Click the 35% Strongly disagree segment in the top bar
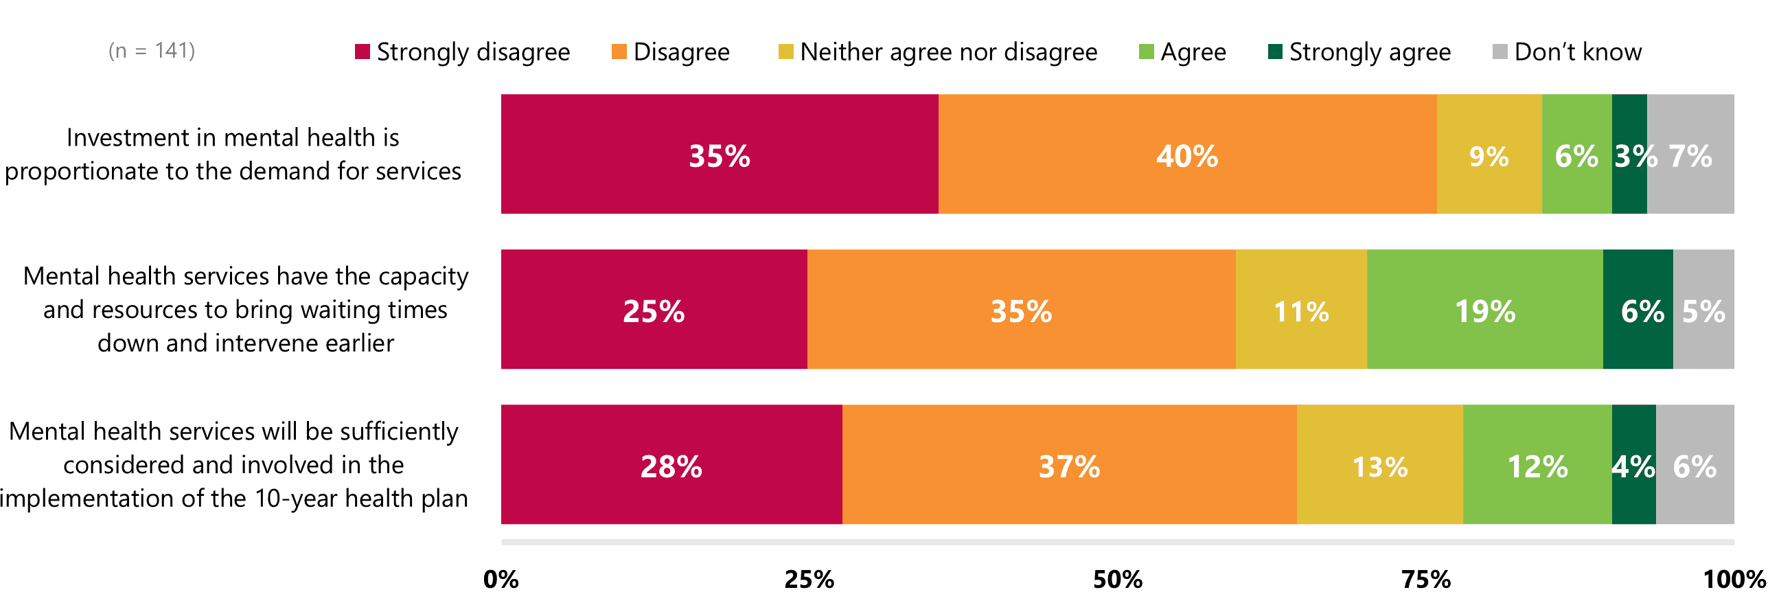coord(720,154)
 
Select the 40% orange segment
coord(1187,154)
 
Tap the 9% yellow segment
coord(1489,154)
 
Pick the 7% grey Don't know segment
coord(1690,154)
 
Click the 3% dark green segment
coord(1629,154)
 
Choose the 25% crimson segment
coord(654,309)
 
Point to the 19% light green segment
coord(1484,309)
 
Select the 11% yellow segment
coord(1301,309)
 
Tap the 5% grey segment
coord(1703,309)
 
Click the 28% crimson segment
coord(671,464)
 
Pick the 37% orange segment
coord(1069,464)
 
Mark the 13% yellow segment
coord(1379,464)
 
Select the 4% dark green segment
coord(1633,464)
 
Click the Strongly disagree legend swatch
coord(362,52)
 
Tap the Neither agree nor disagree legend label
coord(948,52)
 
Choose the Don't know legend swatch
coord(1500,52)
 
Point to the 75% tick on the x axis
coord(1426,579)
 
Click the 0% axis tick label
coord(501,579)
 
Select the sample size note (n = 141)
coord(152,51)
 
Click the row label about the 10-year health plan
coord(233,464)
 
